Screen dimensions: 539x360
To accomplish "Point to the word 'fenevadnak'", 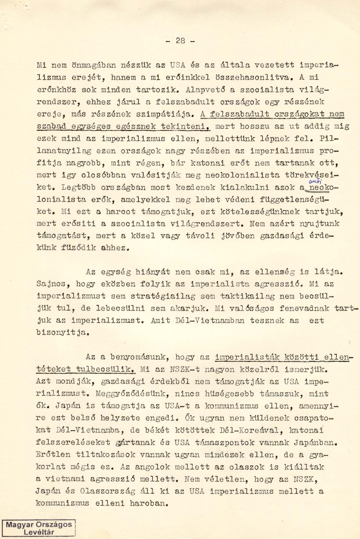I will coord(304,308).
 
